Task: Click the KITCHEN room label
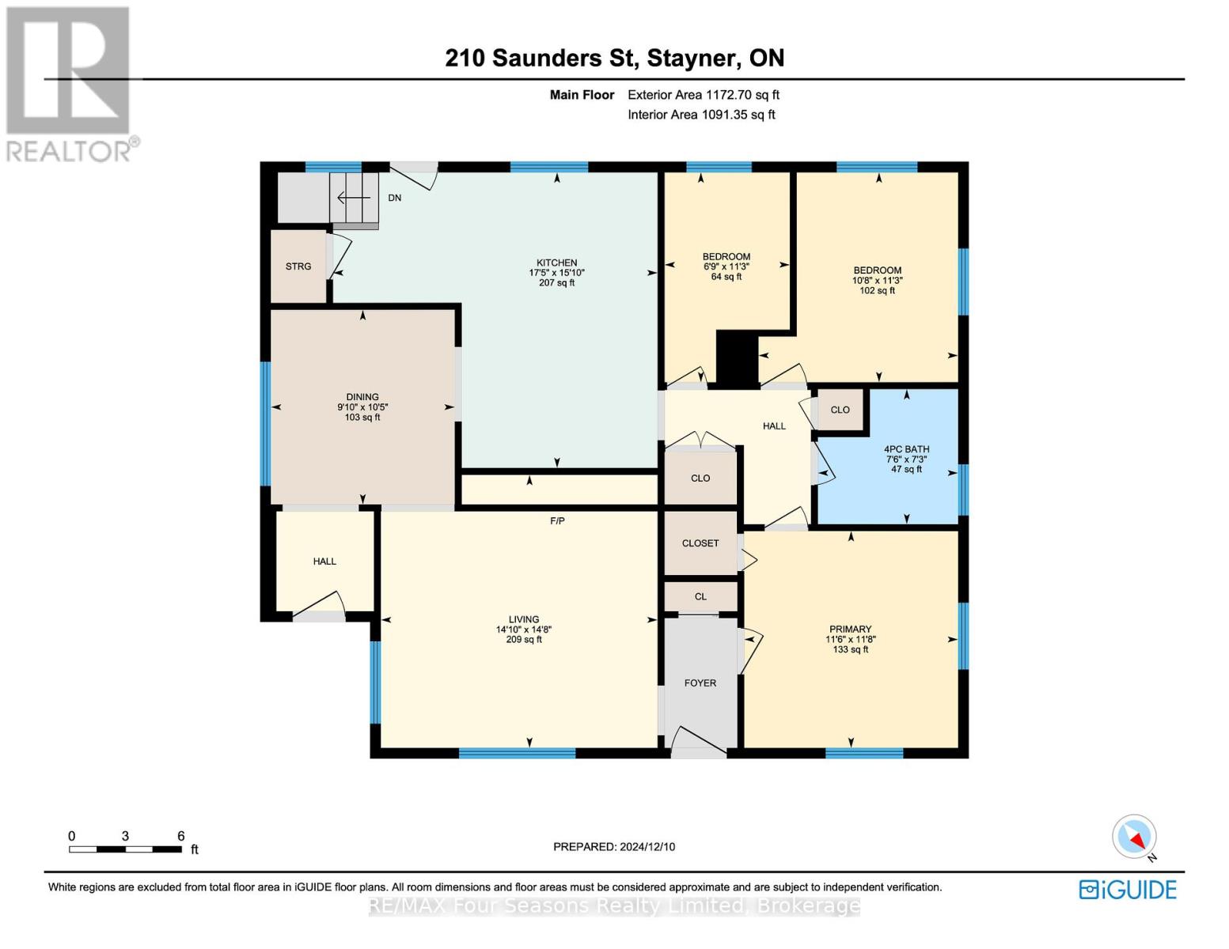(x=556, y=263)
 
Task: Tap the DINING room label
(x=362, y=397)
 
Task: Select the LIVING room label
(x=524, y=619)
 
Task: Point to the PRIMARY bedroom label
(x=850, y=630)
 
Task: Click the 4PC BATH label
(x=906, y=449)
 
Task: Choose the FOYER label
(x=700, y=682)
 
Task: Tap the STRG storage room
(x=298, y=267)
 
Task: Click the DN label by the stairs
(x=394, y=198)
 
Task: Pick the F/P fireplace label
(x=557, y=521)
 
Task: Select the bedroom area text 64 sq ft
(x=726, y=277)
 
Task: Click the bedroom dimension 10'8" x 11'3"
(x=877, y=280)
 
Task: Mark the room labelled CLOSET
(x=700, y=543)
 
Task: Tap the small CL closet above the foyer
(x=700, y=596)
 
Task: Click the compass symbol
(x=1135, y=837)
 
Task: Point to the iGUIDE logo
(x=1128, y=890)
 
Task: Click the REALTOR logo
(x=70, y=83)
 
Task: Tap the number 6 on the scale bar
(x=181, y=836)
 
